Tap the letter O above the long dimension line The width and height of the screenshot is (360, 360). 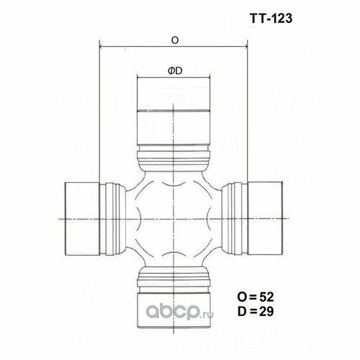coord(175,41)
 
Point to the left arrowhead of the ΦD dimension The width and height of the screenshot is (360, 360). coord(139,78)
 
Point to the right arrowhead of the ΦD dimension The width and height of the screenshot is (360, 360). coord(207,78)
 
